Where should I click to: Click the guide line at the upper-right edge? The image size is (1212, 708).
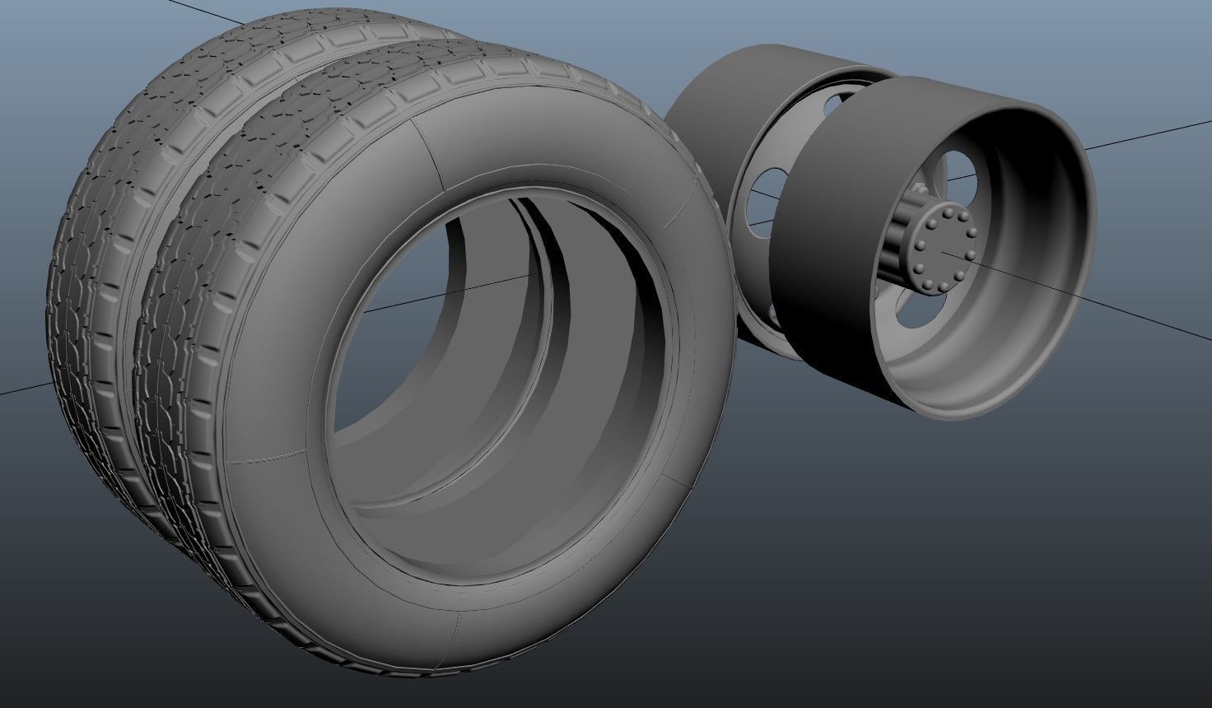pos(1153,134)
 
